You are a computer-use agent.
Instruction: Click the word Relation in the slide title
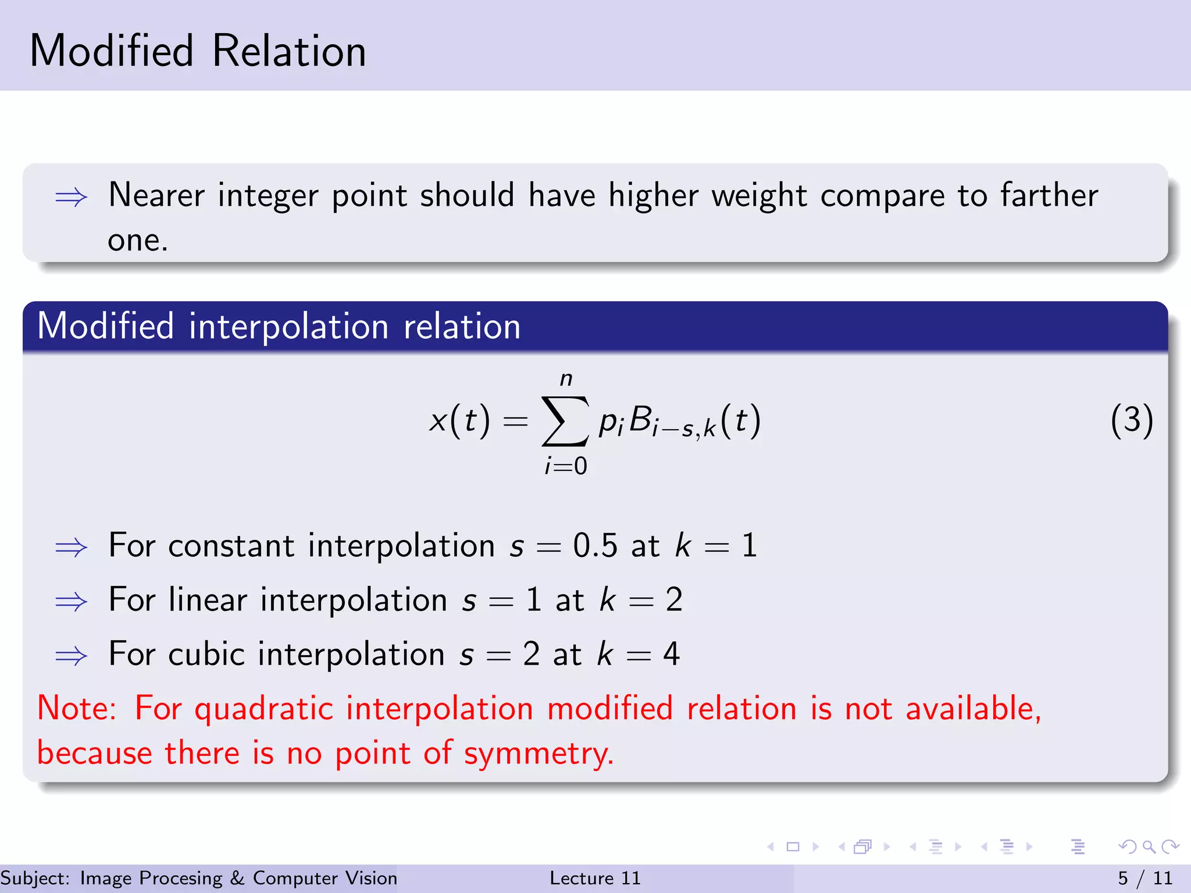[289, 51]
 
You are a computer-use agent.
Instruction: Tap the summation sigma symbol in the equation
[565, 420]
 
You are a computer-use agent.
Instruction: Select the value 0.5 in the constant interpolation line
[595, 546]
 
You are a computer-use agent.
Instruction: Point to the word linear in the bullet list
[208, 599]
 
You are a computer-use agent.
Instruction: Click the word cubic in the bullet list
[206, 653]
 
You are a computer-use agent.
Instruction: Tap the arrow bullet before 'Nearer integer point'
[71, 198]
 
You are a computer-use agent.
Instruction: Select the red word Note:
[77, 709]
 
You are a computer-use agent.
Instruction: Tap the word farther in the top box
[1049, 195]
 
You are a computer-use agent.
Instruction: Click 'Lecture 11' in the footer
[595, 878]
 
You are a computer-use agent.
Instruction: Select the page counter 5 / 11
[1145, 878]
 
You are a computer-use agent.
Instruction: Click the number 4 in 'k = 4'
[671, 653]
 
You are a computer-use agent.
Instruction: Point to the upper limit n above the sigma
[566, 380]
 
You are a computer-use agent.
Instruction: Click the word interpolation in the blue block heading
[288, 326]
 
